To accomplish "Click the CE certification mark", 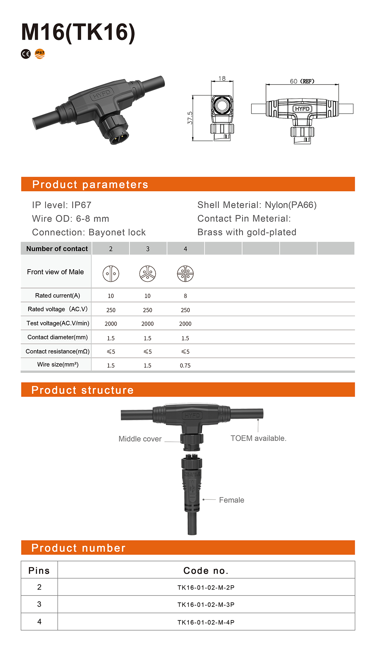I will [26, 54].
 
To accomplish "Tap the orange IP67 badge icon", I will [40, 54].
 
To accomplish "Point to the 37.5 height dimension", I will [190, 118].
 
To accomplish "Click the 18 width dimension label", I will [222, 78].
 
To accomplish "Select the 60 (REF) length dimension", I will [302, 81].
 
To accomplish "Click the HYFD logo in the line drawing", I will [302, 109].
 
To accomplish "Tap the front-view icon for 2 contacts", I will [111, 273].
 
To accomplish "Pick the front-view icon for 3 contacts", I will [148, 273].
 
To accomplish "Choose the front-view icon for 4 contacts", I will [185, 273].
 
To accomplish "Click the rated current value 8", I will [185, 296].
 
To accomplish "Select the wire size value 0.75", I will [185, 365].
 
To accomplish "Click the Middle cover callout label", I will [140, 439].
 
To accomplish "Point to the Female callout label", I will [232, 500].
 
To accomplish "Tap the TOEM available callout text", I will [258, 438].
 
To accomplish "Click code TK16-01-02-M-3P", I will [206, 605].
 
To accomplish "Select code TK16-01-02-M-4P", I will [206, 622].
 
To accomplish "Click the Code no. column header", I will [206, 570].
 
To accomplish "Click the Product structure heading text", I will [83, 390].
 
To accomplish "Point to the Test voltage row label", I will [58, 323].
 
